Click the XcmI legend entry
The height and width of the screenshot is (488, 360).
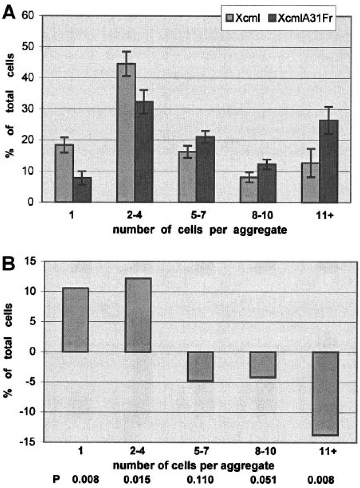coord(242,18)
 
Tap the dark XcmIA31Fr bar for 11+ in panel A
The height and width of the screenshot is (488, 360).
coord(328,161)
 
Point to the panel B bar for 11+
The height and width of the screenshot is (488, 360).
coord(325,393)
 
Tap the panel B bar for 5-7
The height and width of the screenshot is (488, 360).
coord(200,366)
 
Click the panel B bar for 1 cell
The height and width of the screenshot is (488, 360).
coord(75,320)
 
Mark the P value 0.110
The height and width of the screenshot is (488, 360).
coord(200,480)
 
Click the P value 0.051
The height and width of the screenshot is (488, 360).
coord(263,480)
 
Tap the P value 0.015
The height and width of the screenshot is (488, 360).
coord(137,480)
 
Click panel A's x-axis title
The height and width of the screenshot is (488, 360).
coord(200,230)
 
